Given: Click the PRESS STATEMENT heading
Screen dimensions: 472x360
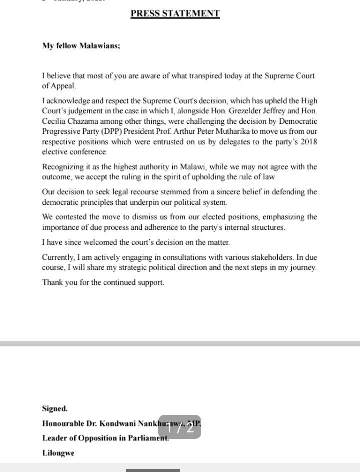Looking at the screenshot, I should (x=175, y=14).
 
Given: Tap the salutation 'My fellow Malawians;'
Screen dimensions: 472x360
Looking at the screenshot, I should (x=81, y=45).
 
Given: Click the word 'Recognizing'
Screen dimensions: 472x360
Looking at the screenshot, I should (x=62, y=167).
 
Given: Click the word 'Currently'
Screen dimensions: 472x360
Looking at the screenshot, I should (x=58, y=257).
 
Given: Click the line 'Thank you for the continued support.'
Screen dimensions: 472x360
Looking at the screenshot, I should (x=103, y=282).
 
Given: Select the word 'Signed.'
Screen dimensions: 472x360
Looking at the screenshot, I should (x=55, y=408).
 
